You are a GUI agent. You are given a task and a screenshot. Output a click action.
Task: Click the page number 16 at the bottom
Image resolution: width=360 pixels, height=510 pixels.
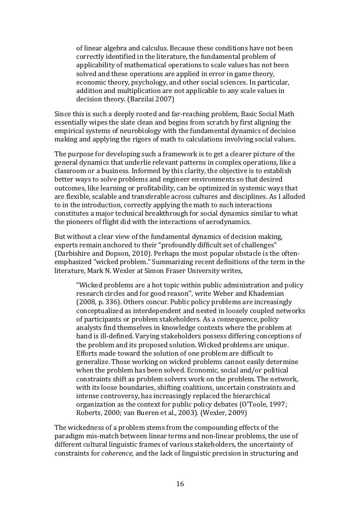(x=180, y=483)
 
